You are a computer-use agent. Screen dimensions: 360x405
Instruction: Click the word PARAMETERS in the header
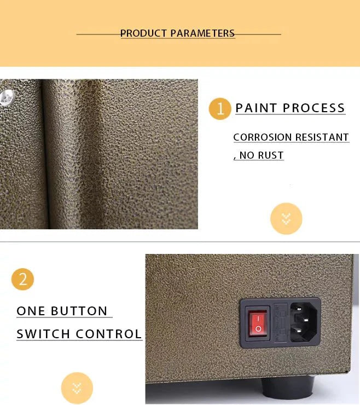coord(202,33)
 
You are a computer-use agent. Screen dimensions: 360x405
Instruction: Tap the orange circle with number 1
coord(220,109)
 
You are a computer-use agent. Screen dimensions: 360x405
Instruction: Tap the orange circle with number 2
coord(23,279)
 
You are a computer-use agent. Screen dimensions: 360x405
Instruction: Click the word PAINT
coord(256,108)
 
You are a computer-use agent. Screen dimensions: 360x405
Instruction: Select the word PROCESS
coord(314,108)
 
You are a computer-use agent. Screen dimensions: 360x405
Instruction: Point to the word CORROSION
coord(263,137)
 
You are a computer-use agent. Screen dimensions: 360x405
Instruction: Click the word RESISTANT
coord(322,137)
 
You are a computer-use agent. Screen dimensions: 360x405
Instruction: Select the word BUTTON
coord(79,311)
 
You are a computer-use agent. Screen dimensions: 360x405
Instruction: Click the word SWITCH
coord(43,334)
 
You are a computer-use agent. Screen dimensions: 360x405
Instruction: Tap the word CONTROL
coord(109,334)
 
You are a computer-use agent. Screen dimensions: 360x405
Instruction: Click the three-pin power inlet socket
coord(304,322)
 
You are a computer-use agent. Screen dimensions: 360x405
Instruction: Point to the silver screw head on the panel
coord(7,97)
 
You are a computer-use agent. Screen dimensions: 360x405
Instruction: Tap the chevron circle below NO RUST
coord(286,219)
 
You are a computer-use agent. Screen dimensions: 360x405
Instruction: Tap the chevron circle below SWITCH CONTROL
coord(77,388)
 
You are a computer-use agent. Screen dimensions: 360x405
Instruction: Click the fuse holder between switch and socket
coord(281,322)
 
